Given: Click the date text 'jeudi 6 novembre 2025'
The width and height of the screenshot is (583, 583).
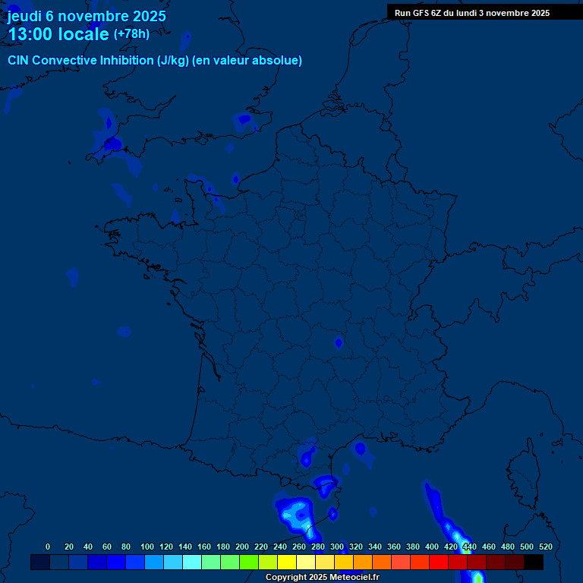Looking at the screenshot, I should [x=87, y=16].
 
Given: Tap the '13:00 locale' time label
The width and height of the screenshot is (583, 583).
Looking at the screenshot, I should [x=58, y=34].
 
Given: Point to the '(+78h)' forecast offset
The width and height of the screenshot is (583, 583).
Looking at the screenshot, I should [x=131, y=34].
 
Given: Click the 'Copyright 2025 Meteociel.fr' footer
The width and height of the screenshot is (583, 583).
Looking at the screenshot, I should [x=322, y=578].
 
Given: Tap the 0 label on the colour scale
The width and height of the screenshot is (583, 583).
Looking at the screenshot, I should [x=48, y=547].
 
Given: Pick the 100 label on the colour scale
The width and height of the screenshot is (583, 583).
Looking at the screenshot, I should [x=147, y=547].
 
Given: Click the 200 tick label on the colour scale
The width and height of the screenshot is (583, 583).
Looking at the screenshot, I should [x=242, y=547].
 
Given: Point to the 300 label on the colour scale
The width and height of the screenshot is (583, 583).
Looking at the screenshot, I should [x=337, y=547].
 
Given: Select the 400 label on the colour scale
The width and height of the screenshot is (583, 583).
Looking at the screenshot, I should [x=432, y=547].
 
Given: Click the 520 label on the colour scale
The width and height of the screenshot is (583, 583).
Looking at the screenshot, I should [x=545, y=547].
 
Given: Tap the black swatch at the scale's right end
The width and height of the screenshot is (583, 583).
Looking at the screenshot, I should [x=534, y=563].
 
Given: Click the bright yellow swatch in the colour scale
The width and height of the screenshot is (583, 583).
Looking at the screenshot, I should [x=287, y=563].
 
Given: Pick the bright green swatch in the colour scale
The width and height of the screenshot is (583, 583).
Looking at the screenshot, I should [x=249, y=563].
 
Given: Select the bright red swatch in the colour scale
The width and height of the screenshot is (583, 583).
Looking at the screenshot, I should [x=439, y=563].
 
